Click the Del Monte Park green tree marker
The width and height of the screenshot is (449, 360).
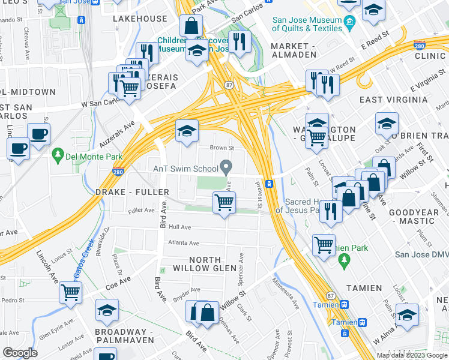click(x=58, y=155)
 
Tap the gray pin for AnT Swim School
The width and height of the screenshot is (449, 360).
click(x=226, y=166)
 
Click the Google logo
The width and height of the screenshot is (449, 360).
click(x=20, y=353)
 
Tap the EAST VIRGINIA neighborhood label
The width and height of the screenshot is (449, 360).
click(x=388, y=99)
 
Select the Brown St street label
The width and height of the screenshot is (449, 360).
click(x=221, y=148)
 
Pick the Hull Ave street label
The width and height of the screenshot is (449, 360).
click(x=179, y=227)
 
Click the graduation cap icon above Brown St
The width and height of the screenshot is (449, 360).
click(x=187, y=130)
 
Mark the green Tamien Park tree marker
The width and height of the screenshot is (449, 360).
click(x=343, y=260)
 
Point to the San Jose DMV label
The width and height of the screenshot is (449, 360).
click(x=421, y=254)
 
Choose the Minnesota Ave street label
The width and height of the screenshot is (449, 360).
click(x=285, y=292)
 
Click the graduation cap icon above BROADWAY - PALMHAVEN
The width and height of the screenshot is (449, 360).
click(x=107, y=310)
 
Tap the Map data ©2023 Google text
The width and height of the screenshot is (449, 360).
click(x=411, y=355)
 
